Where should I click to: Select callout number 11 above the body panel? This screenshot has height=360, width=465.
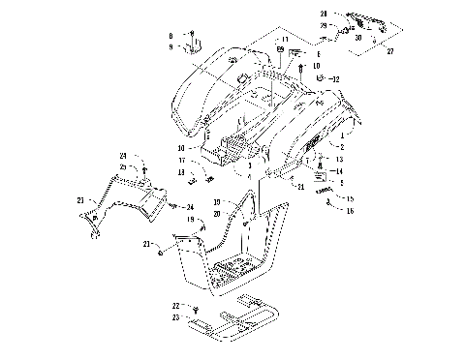coord(285,40)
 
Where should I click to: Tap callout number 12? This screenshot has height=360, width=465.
coord(336,78)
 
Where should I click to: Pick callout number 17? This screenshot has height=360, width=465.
coord(180,161)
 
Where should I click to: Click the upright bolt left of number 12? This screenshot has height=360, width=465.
coord(305,71)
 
